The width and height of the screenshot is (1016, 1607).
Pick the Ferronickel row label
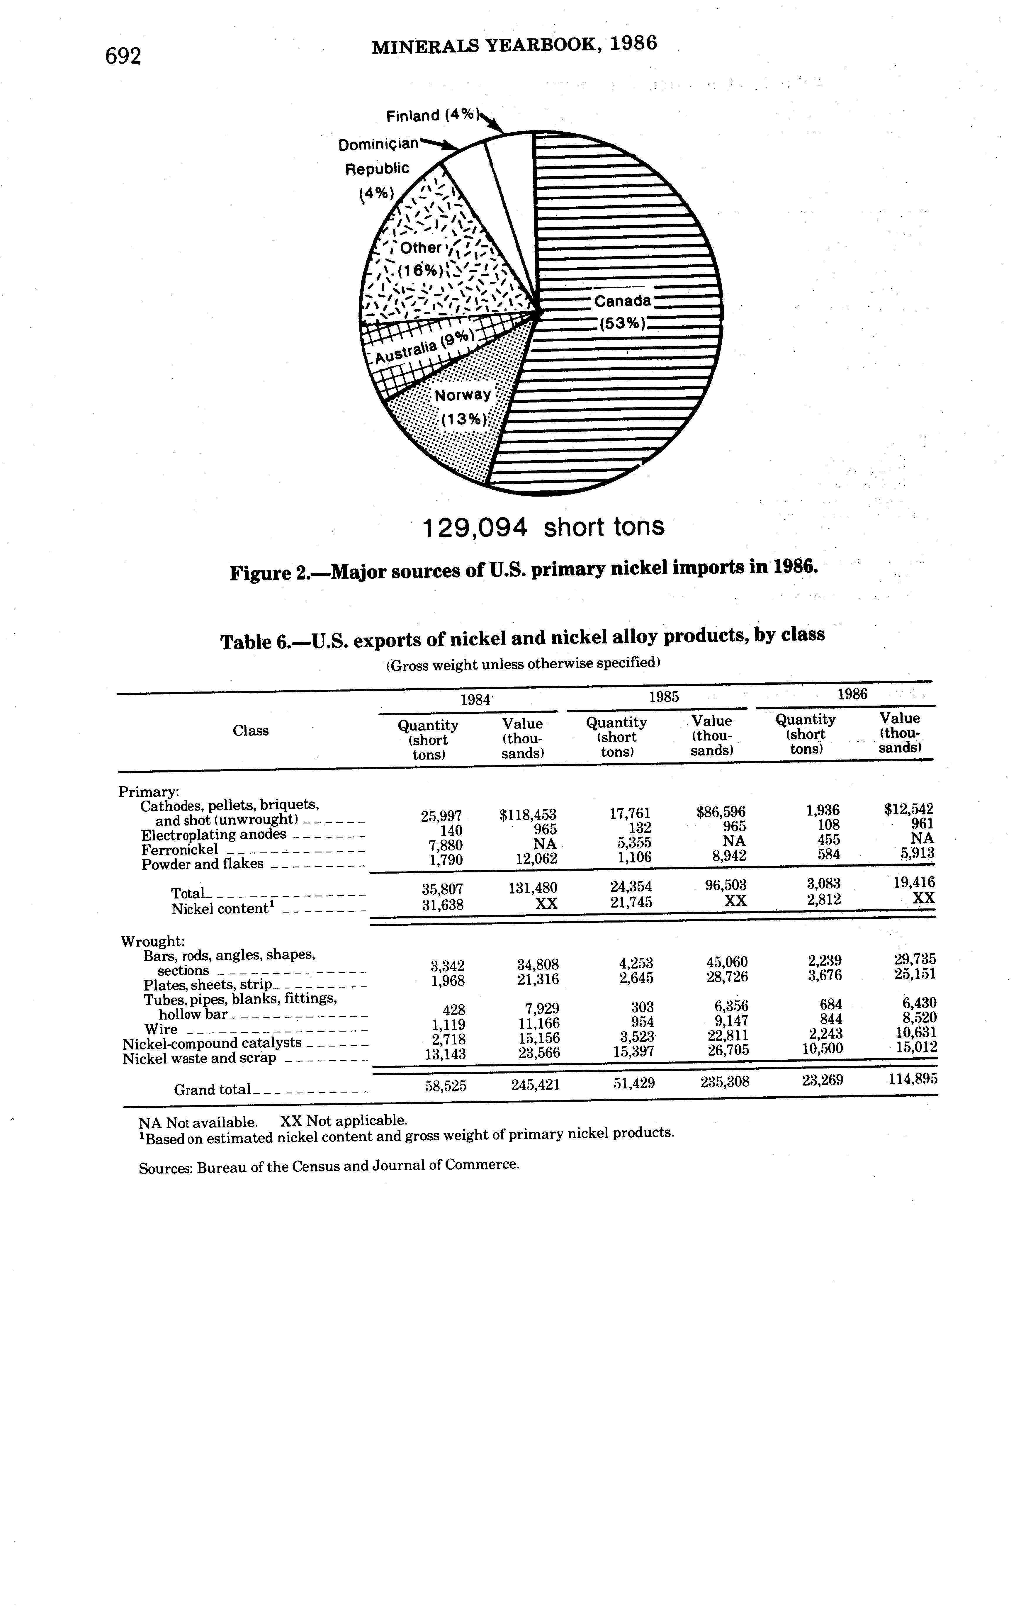[180, 850]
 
